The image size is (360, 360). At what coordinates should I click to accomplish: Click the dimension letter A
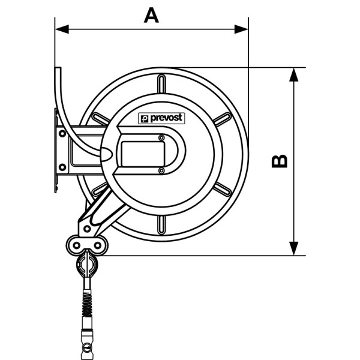tap(151, 16)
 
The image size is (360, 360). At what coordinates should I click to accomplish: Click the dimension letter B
tap(280, 161)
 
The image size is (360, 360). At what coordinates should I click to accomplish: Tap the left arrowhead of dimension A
tap(62, 29)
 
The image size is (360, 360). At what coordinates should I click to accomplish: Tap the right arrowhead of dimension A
tap(241, 29)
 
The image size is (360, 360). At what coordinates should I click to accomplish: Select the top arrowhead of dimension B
tap(294, 74)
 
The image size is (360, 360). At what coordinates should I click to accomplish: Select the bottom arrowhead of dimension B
tap(294, 248)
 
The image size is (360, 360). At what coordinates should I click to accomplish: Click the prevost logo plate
tap(161, 118)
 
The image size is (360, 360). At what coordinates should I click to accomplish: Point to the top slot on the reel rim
tap(161, 83)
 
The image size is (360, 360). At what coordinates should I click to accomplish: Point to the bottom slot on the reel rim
tap(161, 225)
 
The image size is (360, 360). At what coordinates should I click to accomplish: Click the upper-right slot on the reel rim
tap(223, 119)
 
